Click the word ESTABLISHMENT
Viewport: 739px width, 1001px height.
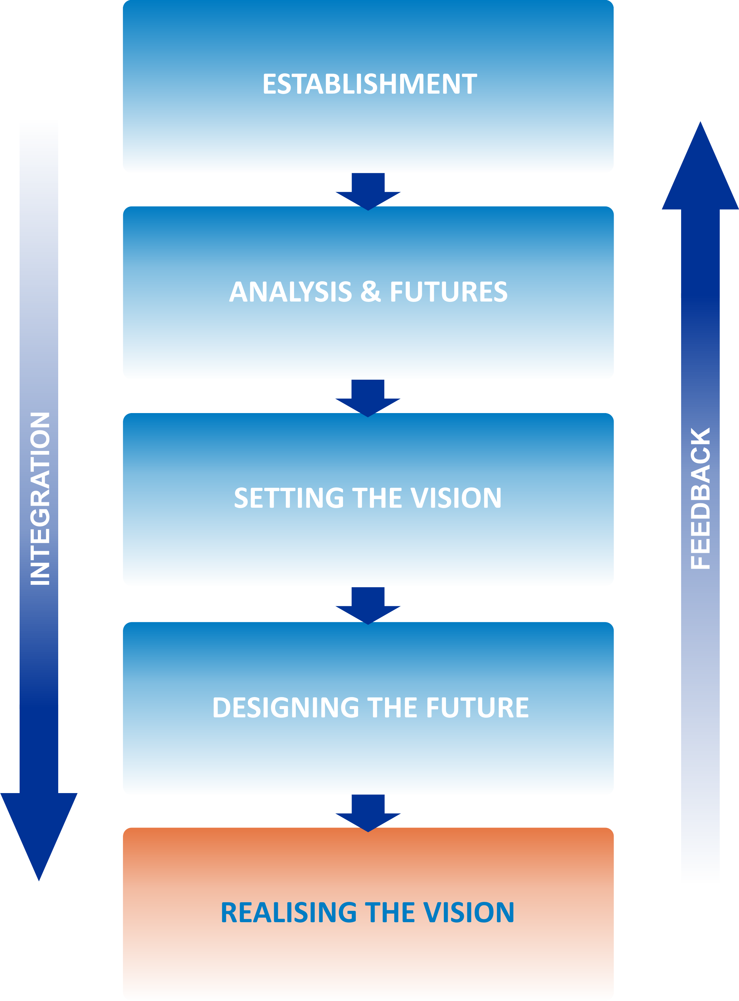coord(369,84)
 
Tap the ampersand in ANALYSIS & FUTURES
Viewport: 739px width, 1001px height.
coord(371,292)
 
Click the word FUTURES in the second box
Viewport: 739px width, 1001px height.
coord(449,292)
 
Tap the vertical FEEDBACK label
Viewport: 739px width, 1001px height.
coord(700,498)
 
